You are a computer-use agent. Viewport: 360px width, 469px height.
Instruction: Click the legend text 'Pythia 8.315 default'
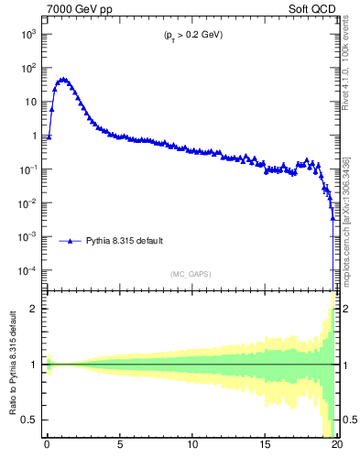(x=125, y=241)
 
